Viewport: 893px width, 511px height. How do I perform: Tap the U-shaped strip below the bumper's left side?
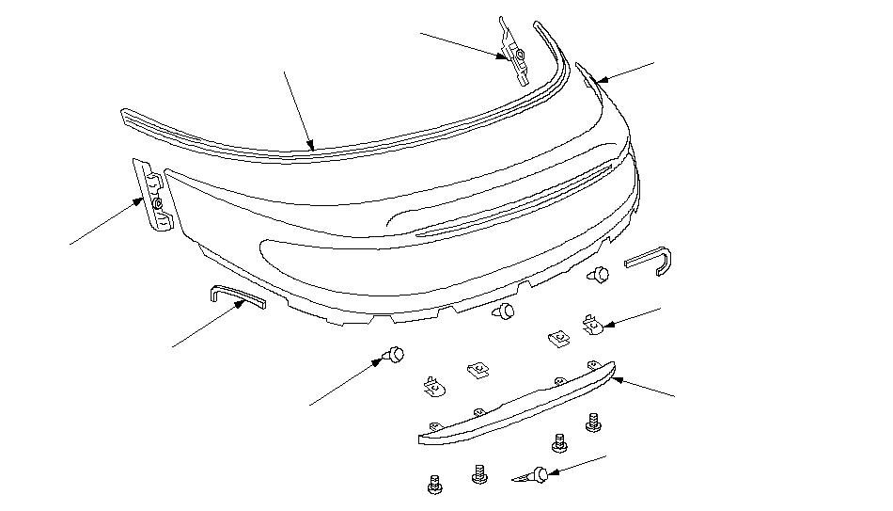click(x=235, y=296)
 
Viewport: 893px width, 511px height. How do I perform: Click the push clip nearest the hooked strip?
click(x=599, y=275)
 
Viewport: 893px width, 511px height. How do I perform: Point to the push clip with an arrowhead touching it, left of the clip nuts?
click(x=396, y=355)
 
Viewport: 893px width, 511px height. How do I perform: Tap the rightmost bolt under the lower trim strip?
click(x=593, y=421)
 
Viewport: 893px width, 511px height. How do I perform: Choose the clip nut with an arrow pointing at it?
click(x=590, y=326)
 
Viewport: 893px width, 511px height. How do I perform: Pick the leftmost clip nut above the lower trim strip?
click(x=431, y=384)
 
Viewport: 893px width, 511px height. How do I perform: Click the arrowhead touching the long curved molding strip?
click(x=311, y=146)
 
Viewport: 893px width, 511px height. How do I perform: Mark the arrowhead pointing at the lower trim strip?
click(x=615, y=380)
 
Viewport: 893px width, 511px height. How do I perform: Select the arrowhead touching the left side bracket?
click(x=140, y=200)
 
